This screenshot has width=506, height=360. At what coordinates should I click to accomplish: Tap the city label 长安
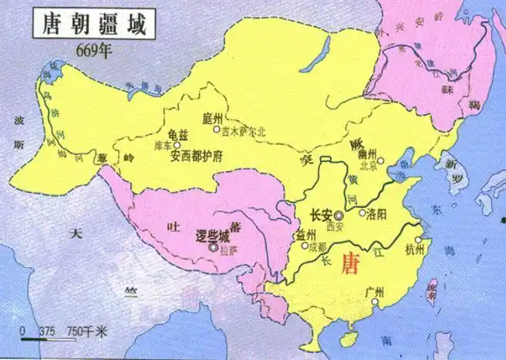[320, 217]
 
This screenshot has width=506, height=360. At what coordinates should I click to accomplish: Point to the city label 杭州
[413, 249]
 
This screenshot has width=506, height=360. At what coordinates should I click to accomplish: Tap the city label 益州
[305, 234]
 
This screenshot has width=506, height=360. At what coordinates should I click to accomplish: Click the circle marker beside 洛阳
[362, 212]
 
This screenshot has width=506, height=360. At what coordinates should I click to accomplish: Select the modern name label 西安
[334, 228]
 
